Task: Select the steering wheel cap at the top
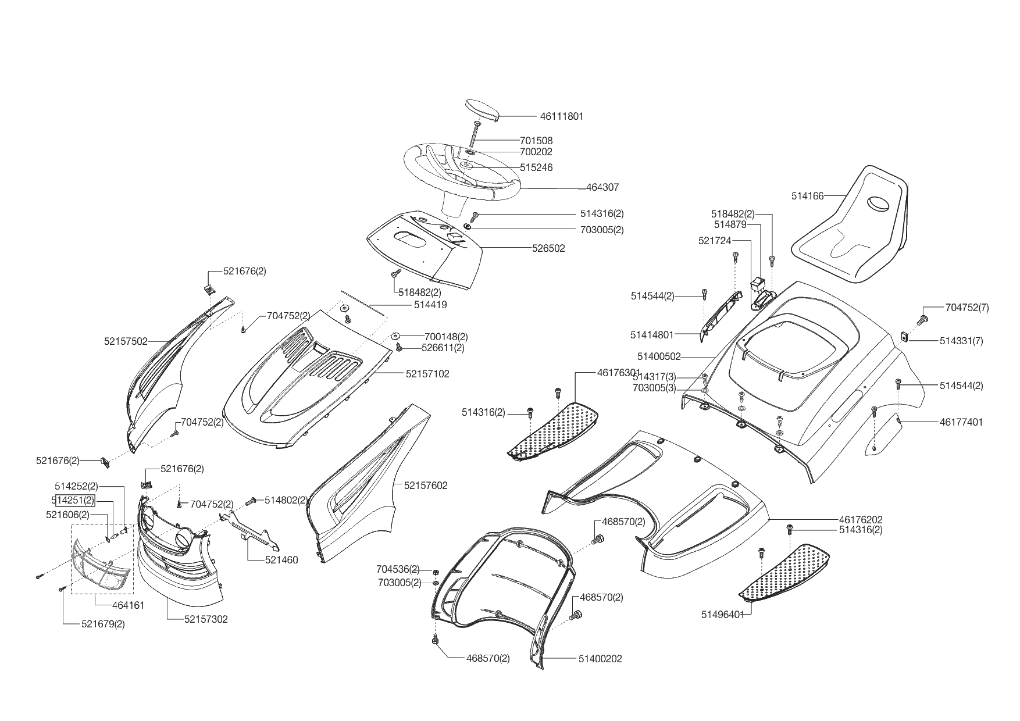(x=482, y=110)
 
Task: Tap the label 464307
(x=602, y=188)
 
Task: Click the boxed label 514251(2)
(x=73, y=500)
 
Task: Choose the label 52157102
(x=427, y=374)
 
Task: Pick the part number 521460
(x=281, y=560)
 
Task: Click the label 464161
(x=128, y=605)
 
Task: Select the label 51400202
(x=600, y=659)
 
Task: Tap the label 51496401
(x=723, y=615)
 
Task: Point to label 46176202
(x=861, y=519)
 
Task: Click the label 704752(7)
(x=967, y=308)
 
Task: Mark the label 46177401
(x=961, y=422)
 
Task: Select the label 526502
(x=548, y=248)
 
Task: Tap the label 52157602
(x=426, y=486)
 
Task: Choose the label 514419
(x=430, y=305)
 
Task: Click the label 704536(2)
(x=398, y=569)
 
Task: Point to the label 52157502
(x=126, y=342)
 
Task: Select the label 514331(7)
(x=961, y=341)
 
